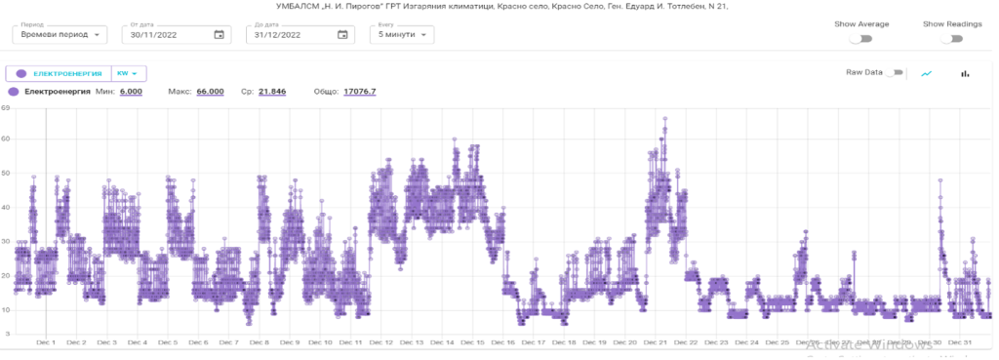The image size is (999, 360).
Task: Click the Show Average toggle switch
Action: (860, 39)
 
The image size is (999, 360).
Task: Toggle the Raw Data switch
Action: (894, 73)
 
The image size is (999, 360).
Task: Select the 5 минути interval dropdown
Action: (402, 35)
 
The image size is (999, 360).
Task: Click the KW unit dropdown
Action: (130, 73)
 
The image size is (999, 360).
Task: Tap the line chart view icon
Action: (927, 73)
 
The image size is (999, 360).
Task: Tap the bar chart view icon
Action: (966, 73)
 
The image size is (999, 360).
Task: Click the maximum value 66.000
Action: (210, 92)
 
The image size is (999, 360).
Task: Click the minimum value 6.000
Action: (131, 92)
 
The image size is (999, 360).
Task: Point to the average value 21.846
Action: (271, 92)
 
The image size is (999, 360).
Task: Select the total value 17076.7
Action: (359, 92)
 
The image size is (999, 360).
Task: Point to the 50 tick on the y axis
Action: (6, 174)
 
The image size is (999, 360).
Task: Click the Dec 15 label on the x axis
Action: (473, 342)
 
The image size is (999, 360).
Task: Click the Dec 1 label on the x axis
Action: (46, 342)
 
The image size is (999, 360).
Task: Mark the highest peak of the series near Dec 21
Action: (665, 119)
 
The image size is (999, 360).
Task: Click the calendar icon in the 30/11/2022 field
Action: (219, 35)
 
